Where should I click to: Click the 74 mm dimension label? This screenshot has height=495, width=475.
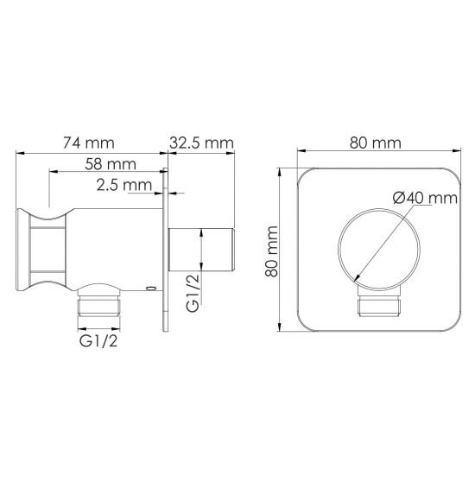click(89, 143)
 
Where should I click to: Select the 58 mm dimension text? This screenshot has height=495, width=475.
click(111, 164)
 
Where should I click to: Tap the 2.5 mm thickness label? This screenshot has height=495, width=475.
click(124, 185)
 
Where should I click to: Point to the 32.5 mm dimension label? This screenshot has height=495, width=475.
click(201, 143)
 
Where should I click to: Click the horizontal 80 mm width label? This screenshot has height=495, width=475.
click(376, 143)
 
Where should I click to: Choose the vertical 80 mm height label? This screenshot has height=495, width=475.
click(271, 251)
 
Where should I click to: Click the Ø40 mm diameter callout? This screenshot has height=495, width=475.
click(425, 198)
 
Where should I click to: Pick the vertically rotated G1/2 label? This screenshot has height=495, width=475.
click(193, 292)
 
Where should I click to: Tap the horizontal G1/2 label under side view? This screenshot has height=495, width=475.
click(98, 341)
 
